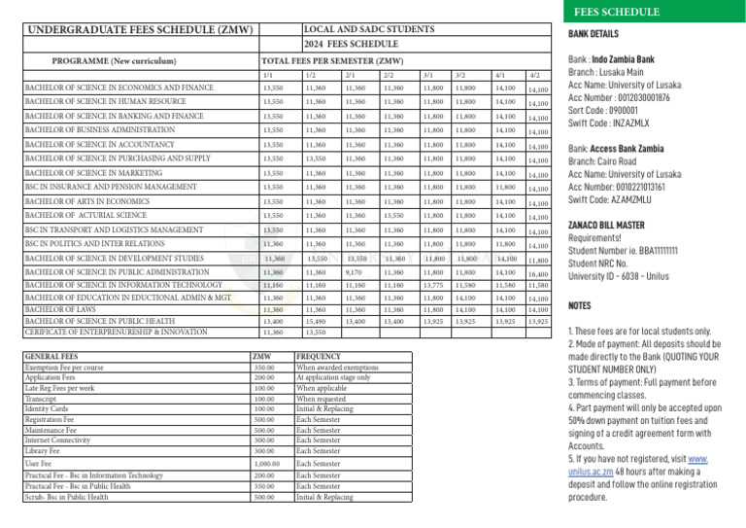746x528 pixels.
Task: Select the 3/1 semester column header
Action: point(428,75)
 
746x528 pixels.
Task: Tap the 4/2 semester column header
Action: point(535,76)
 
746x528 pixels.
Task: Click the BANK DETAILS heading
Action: point(593,35)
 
